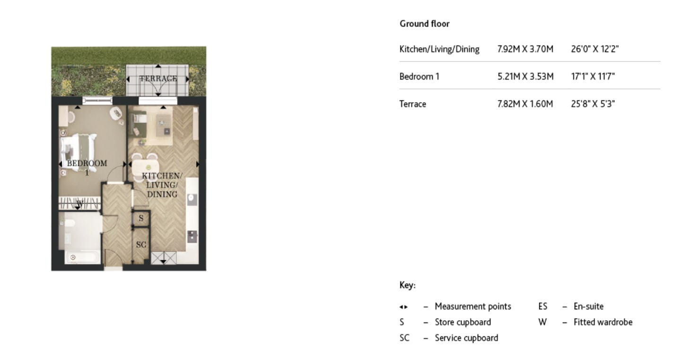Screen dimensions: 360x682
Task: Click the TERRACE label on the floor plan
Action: (x=158, y=79)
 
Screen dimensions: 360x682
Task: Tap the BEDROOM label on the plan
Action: (x=87, y=164)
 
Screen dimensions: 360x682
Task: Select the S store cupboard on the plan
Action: (x=141, y=219)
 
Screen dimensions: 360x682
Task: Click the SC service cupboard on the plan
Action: (x=141, y=245)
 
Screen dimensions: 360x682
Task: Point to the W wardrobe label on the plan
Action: (x=79, y=204)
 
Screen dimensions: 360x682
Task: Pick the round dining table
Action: (x=149, y=167)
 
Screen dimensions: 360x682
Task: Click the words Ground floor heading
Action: (x=424, y=24)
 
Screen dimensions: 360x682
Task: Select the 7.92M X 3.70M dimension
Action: (x=525, y=49)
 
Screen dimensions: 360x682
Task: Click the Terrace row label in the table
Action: (x=412, y=104)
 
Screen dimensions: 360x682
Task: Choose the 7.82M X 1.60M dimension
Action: (x=525, y=104)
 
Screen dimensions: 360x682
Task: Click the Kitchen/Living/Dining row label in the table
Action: (x=439, y=49)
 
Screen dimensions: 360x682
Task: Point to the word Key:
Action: (x=407, y=286)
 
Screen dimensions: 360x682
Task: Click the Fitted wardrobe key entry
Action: (x=603, y=322)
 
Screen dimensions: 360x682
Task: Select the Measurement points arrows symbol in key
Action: (x=403, y=307)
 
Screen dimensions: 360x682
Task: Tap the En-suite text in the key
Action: (x=588, y=307)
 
